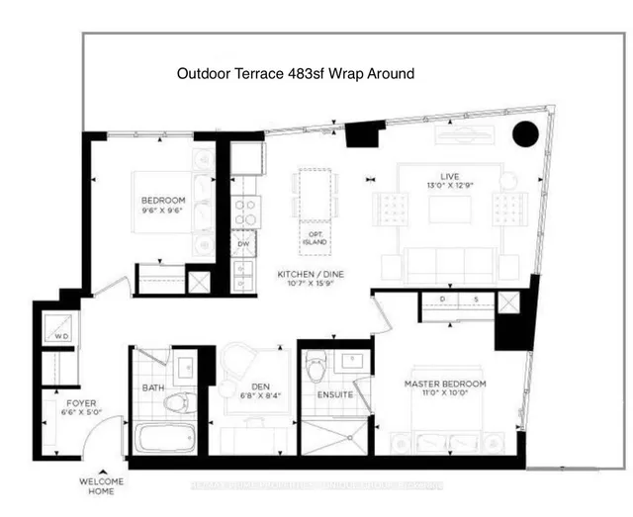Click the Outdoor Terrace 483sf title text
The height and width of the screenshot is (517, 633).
pyautogui.click(x=295, y=73)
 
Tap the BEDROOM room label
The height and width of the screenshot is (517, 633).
pyautogui.click(x=163, y=206)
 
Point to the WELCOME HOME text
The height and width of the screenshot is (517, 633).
pyautogui.click(x=101, y=487)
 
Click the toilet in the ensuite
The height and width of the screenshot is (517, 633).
pyautogui.click(x=316, y=372)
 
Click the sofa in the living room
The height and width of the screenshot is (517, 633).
pyautogui.click(x=450, y=262)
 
